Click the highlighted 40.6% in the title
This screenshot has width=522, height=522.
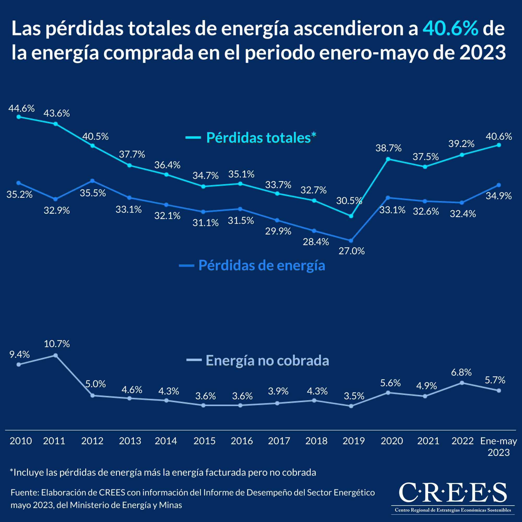point(450,29)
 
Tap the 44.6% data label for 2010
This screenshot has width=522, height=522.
point(22,109)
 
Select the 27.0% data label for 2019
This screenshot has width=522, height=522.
point(352,251)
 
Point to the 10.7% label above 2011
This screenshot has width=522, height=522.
point(57,344)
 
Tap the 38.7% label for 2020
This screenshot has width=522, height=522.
point(389,148)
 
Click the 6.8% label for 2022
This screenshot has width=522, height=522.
point(461,372)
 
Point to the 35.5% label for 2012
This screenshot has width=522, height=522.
point(93,193)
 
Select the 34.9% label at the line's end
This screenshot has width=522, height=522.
point(499,196)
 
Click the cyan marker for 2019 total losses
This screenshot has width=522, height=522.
point(351,216)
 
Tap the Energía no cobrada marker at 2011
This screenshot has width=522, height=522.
point(55,355)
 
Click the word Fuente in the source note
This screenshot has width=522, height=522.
point(25,493)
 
